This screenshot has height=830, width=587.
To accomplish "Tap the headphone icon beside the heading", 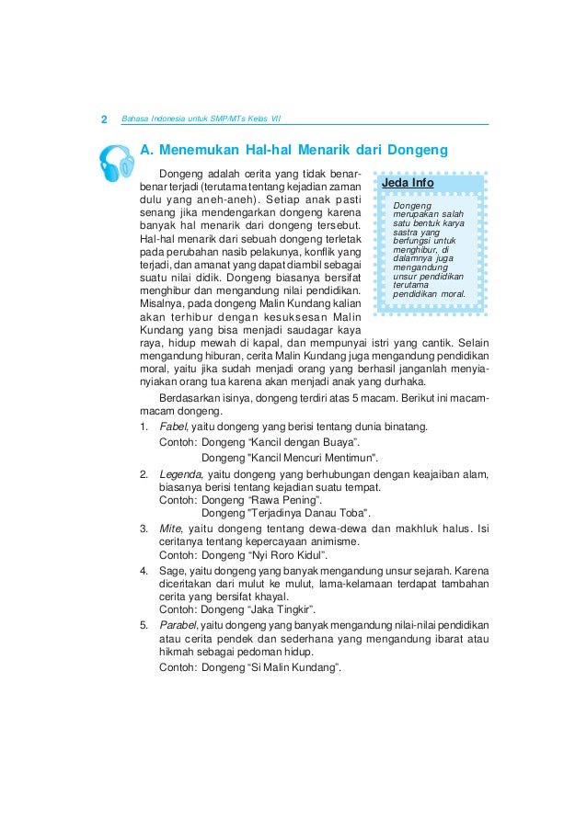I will click(x=115, y=164).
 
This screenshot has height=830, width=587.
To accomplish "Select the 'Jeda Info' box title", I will click(x=408, y=184).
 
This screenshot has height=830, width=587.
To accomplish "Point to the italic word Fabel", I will click(x=173, y=426).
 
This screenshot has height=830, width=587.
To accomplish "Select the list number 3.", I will click(x=144, y=529).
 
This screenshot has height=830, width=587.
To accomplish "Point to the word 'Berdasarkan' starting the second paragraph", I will click(x=191, y=398).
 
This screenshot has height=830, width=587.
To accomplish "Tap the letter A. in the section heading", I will click(x=145, y=149).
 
